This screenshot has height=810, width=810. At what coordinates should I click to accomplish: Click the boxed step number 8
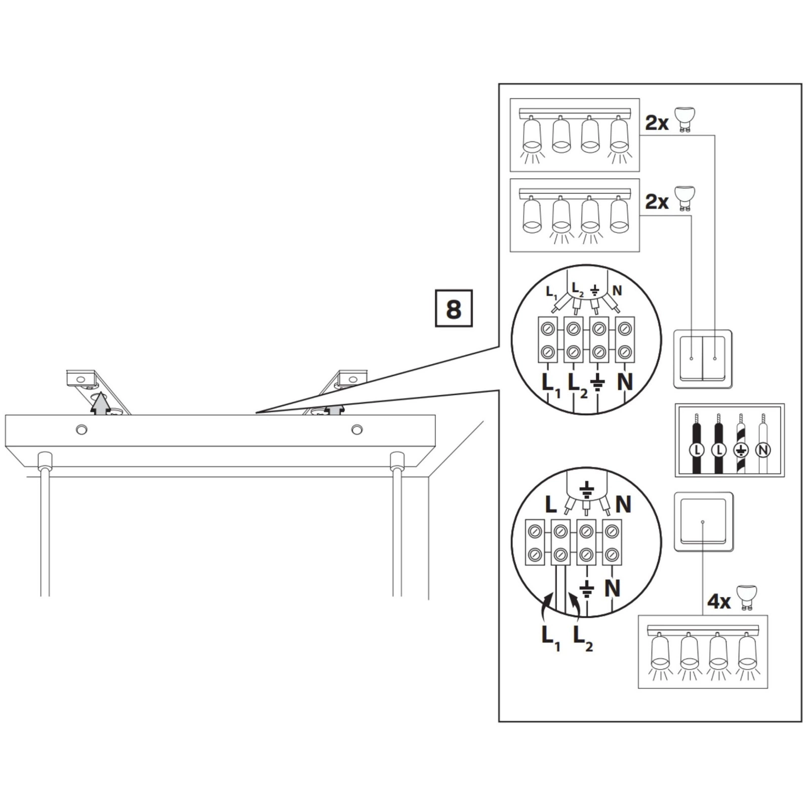coord(454,308)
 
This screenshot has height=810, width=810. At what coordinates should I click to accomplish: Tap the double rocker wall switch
coord(703,359)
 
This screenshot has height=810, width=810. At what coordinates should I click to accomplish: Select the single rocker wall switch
coord(703,521)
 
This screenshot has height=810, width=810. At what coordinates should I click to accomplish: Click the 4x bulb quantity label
coord(719,601)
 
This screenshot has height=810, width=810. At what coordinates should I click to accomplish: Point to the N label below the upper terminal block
coord(625,382)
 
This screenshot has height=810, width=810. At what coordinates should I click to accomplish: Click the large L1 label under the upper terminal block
coord(550,385)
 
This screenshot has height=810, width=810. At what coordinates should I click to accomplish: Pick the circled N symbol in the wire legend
coord(762,450)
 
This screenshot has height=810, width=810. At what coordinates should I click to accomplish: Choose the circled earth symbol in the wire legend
coord(741,450)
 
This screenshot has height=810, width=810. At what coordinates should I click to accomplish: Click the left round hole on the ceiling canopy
coord(80,430)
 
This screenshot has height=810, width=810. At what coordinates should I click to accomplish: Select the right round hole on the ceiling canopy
coord(357,430)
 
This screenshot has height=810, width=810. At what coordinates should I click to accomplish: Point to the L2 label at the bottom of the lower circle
coord(583,638)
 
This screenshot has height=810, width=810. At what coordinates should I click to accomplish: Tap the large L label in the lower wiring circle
coord(551,505)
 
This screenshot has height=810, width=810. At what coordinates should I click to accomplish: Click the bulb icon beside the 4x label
coord(746,596)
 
